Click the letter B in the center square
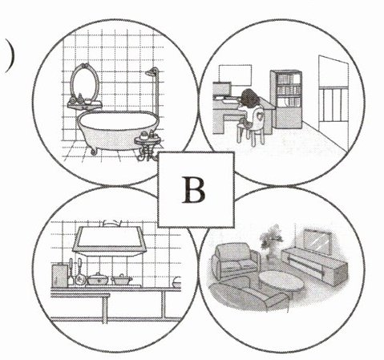[x=194, y=189]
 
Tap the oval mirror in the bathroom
[x=84, y=81]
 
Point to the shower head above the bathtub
[x=152, y=72]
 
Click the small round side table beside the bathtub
[x=148, y=146]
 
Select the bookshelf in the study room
[x=286, y=99]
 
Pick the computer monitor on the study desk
[x=222, y=89]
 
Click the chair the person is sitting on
[x=251, y=127]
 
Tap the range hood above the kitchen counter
[x=109, y=240]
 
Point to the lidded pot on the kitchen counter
[x=98, y=278]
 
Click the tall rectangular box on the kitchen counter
[x=59, y=274]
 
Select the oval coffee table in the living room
[x=281, y=282]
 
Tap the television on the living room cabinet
[x=317, y=241]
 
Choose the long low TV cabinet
[x=315, y=263]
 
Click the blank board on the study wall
[x=235, y=75]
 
